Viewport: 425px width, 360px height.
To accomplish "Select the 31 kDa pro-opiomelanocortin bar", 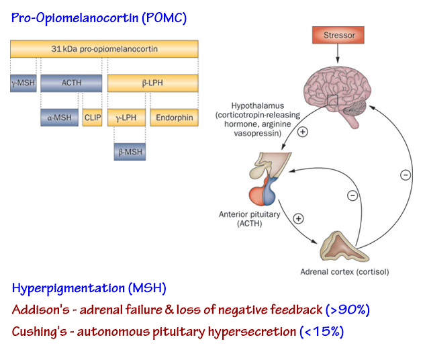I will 104,48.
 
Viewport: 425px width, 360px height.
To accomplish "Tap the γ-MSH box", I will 22,83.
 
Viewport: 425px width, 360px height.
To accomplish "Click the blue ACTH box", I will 71,83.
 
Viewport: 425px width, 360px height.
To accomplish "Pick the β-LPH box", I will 152,83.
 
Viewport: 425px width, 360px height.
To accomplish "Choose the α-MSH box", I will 59,118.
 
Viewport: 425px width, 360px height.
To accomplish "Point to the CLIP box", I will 93,118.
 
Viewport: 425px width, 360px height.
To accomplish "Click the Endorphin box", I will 174,118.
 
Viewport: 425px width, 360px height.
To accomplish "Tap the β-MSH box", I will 129,152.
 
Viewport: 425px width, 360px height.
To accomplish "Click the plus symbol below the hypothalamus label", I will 303,132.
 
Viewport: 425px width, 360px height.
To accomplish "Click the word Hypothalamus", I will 254,105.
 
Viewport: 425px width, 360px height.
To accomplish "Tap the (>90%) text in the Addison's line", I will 347,310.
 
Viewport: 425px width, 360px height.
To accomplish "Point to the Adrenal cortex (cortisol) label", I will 344,273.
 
